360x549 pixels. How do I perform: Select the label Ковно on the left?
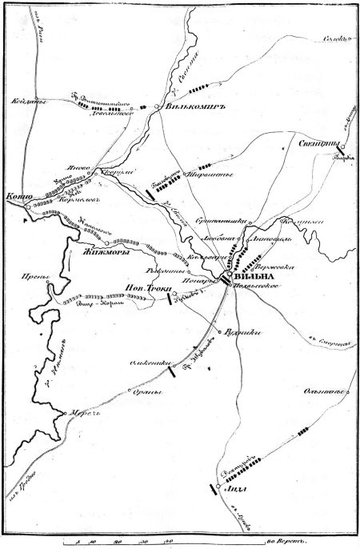17,194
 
